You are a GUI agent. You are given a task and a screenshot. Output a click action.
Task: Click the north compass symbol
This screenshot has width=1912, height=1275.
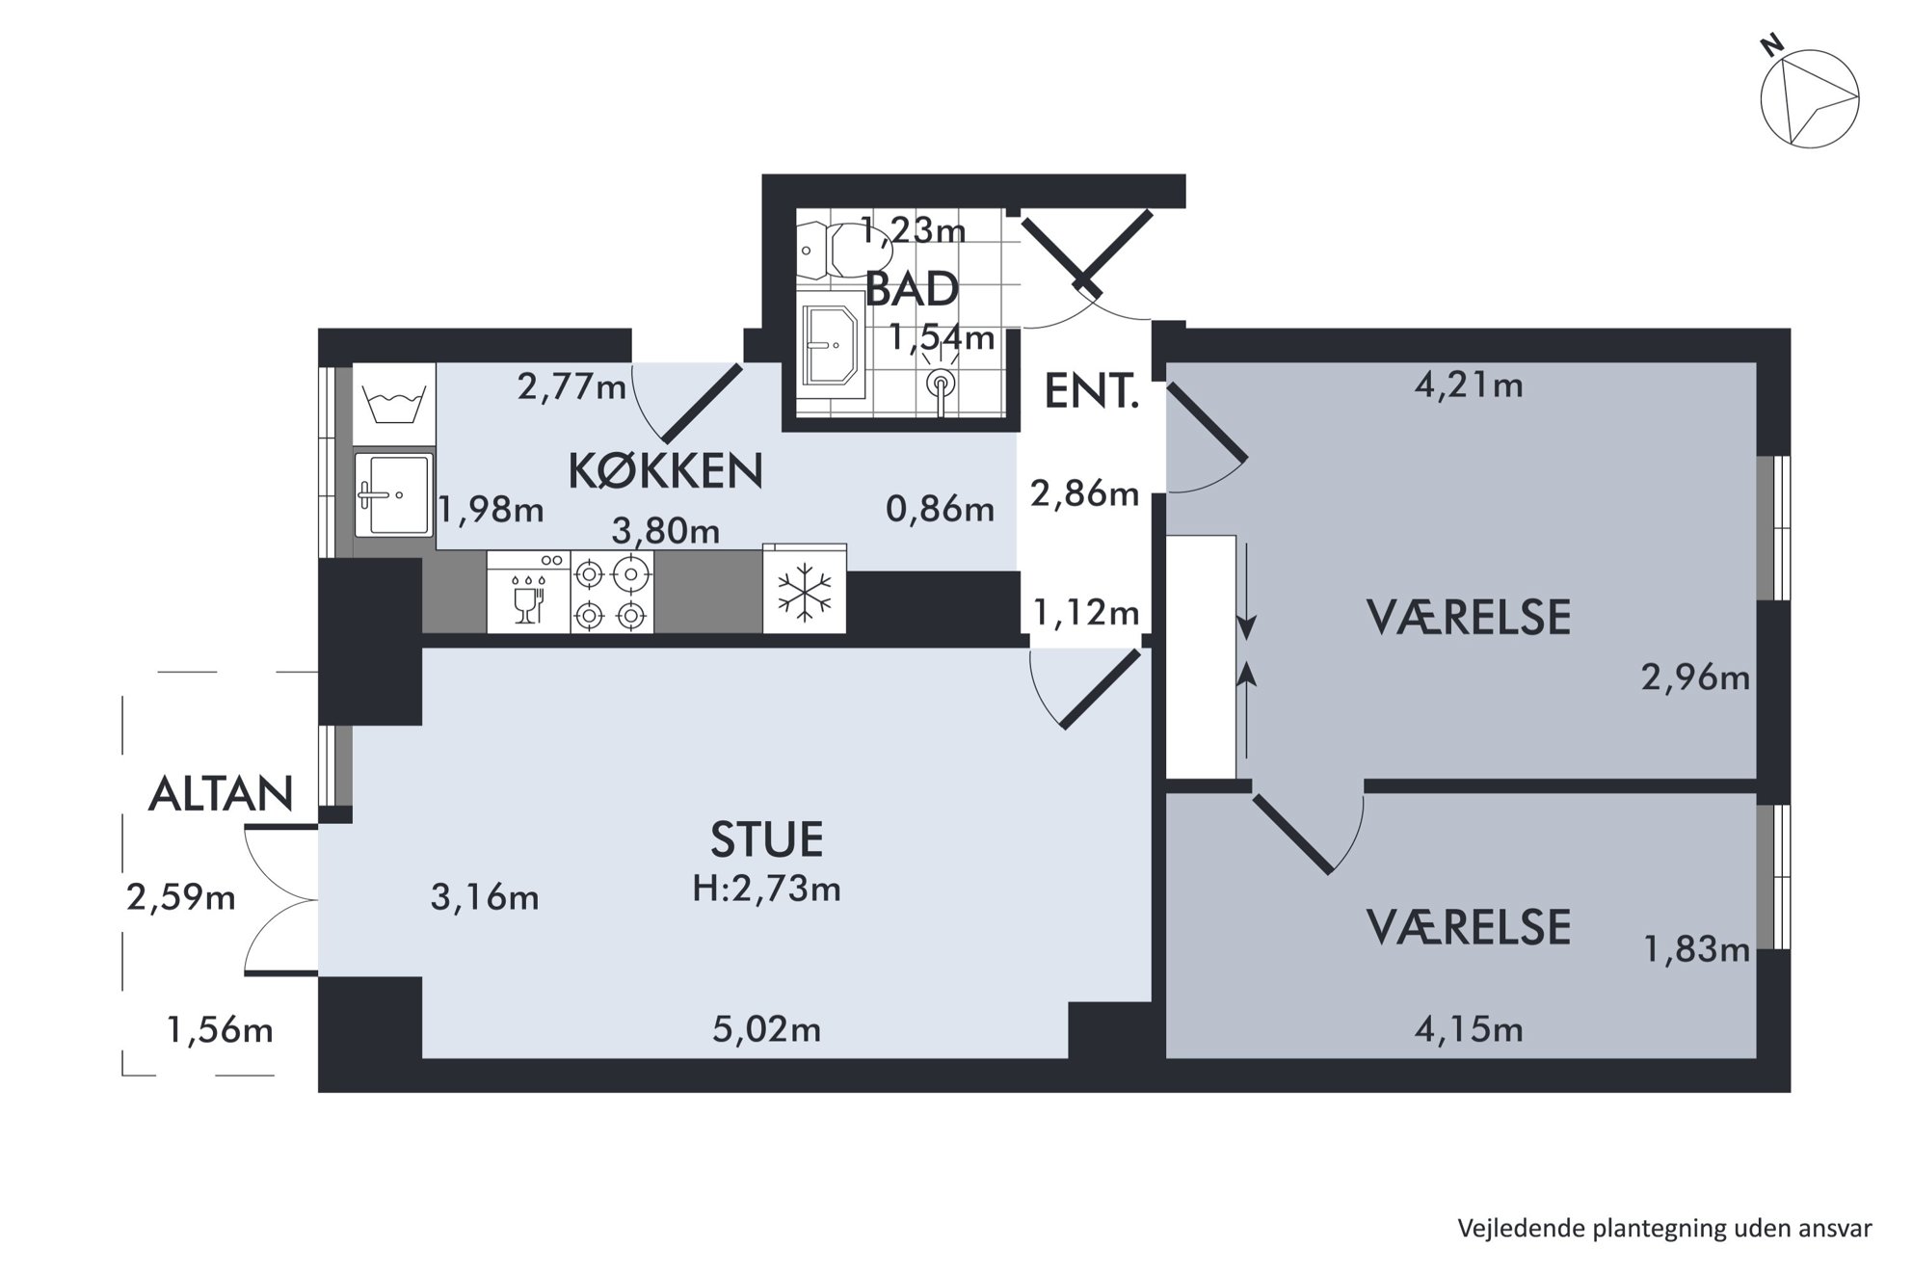click(1809, 98)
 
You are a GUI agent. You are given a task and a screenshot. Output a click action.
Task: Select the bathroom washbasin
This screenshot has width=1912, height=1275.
click(830, 345)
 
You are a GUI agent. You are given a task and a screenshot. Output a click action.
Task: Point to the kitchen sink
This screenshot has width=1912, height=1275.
click(393, 495)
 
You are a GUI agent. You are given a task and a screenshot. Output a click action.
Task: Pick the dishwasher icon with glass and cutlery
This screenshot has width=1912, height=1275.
click(528, 592)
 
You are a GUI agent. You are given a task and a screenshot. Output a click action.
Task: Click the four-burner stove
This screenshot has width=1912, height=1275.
click(612, 592)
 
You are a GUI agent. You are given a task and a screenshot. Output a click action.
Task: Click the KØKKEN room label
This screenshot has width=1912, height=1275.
click(666, 471)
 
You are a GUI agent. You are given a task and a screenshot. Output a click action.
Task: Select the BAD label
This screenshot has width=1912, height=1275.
click(912, 289)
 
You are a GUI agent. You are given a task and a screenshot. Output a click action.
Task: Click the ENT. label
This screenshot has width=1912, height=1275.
click(1092, 392)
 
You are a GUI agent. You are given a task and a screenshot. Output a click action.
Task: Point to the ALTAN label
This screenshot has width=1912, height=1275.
click(221, 794)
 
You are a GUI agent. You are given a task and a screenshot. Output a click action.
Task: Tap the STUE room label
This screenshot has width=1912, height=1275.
click(767, 839)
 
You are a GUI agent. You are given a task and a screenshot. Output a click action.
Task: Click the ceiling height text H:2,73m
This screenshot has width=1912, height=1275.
click(767, 889)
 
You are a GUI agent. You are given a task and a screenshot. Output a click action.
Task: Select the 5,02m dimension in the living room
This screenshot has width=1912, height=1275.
click(767, 1030)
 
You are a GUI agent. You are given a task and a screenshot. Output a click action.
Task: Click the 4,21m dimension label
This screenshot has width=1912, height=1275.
click(1469, 385)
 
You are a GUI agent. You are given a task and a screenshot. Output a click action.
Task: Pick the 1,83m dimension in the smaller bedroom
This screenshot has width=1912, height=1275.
click(1696, 950)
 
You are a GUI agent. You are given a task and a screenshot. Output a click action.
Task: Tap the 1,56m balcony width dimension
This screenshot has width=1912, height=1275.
click(220, 1031)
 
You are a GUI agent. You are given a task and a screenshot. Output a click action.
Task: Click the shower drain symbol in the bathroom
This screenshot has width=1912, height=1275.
click(940, 385)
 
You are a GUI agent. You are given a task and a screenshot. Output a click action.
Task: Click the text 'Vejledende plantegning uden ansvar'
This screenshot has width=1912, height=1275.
click(1664, 1229)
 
